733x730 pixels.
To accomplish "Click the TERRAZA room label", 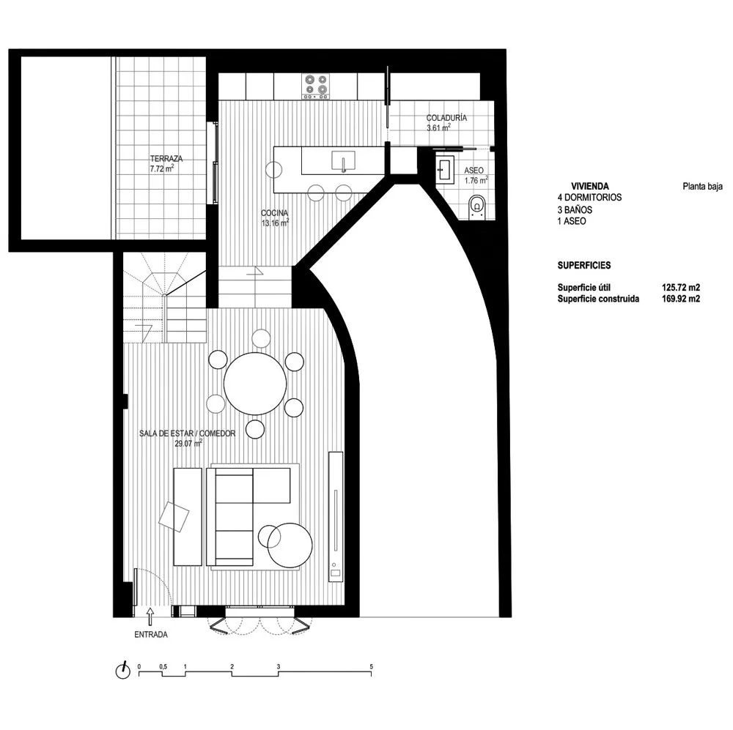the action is point(166,159).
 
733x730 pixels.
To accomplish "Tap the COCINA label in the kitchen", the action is point(274,213).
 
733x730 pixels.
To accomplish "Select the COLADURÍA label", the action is point(446,118).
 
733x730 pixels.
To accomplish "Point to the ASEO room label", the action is point(474,171).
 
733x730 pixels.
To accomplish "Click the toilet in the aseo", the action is point(476,207).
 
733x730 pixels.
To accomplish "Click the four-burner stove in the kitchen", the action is point(315,86).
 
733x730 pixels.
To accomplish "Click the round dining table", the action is point(255,384).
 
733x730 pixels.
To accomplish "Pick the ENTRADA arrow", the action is point(150,616).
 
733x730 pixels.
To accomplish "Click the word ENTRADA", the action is point(150,635).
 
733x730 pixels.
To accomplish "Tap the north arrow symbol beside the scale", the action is point(123,671).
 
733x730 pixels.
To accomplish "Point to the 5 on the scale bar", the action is point(371,666).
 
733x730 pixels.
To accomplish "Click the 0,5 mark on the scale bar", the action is point(163,666).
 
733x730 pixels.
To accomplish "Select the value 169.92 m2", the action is point(681,299).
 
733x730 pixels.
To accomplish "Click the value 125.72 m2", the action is point(681,287).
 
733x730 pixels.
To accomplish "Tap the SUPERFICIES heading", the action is point(584,265).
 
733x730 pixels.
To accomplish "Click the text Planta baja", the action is point(702,187).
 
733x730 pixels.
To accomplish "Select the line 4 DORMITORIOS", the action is point(589,197).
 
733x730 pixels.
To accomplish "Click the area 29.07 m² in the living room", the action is point(188,443).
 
